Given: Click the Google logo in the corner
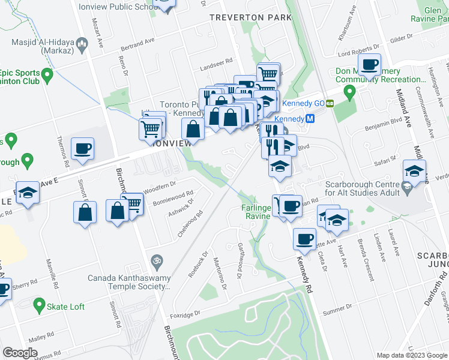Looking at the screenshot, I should click(20, 353).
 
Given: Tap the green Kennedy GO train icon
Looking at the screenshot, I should click(330, 103).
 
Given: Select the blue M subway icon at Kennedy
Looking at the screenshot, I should click(310, 119).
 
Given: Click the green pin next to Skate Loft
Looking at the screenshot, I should click(40, 306).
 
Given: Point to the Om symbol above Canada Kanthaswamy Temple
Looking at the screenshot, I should click(157, 261).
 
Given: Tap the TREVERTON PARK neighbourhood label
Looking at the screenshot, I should click(250, 18).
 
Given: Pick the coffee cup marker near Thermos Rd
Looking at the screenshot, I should click(82, 148).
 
